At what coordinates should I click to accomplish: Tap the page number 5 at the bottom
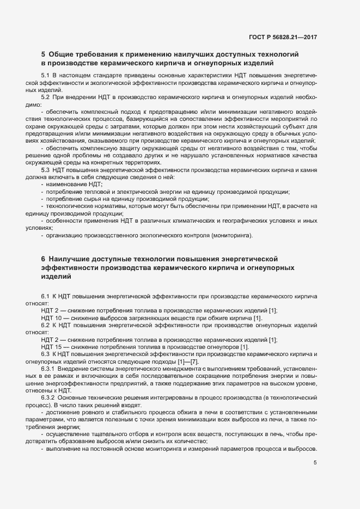315,463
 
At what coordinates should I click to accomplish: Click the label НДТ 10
50,317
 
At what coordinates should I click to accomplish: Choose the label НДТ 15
50,347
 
